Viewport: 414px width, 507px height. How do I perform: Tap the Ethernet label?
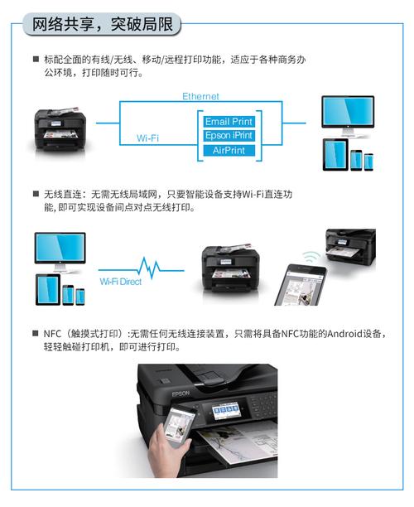[200, 97]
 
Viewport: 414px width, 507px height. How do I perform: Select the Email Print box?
[229, 121]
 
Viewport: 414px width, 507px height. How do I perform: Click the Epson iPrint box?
[229, 136]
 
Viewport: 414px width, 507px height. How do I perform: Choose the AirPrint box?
[229, 152]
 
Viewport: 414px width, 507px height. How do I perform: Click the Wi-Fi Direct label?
[120, 282]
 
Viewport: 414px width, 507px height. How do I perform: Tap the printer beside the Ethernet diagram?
[60, 130]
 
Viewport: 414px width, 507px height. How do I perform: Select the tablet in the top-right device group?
[334, 156]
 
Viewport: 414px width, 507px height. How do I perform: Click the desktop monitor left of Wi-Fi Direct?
[60, 250]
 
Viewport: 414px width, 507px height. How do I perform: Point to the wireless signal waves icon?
[310, 254]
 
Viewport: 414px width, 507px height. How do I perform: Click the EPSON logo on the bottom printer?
[181, 394]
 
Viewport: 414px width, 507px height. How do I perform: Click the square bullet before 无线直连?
[36, 192]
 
